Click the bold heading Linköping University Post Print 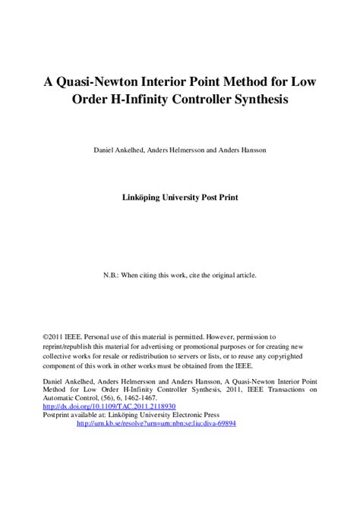point(180,196)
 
